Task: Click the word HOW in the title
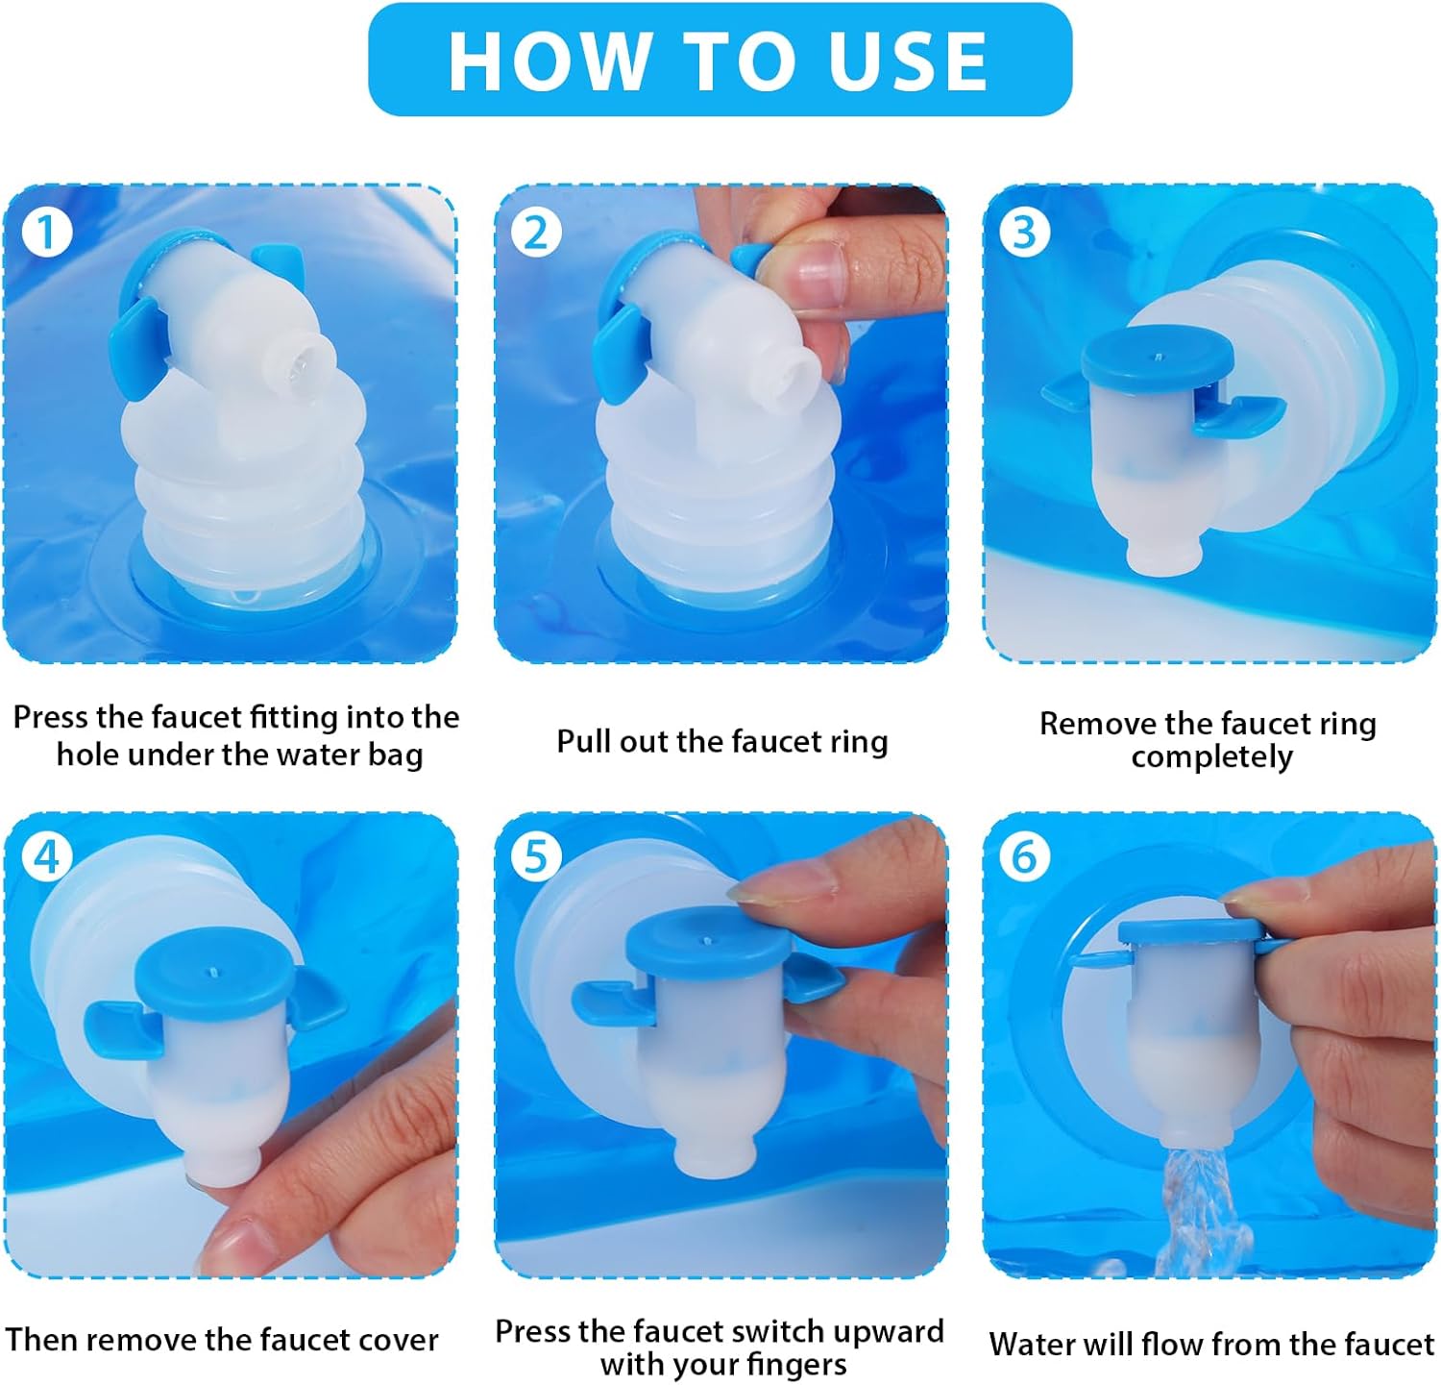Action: tap(548, 61)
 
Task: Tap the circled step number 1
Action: tap(46, 233)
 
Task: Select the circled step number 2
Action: tap(535, 233)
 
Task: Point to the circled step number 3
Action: tap(1024, 233)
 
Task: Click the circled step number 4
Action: tap(46, 856)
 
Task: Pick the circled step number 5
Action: tap(535, 856)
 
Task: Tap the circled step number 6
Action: tap(1024, 856)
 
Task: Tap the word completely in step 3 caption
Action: tap(1211, 758)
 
